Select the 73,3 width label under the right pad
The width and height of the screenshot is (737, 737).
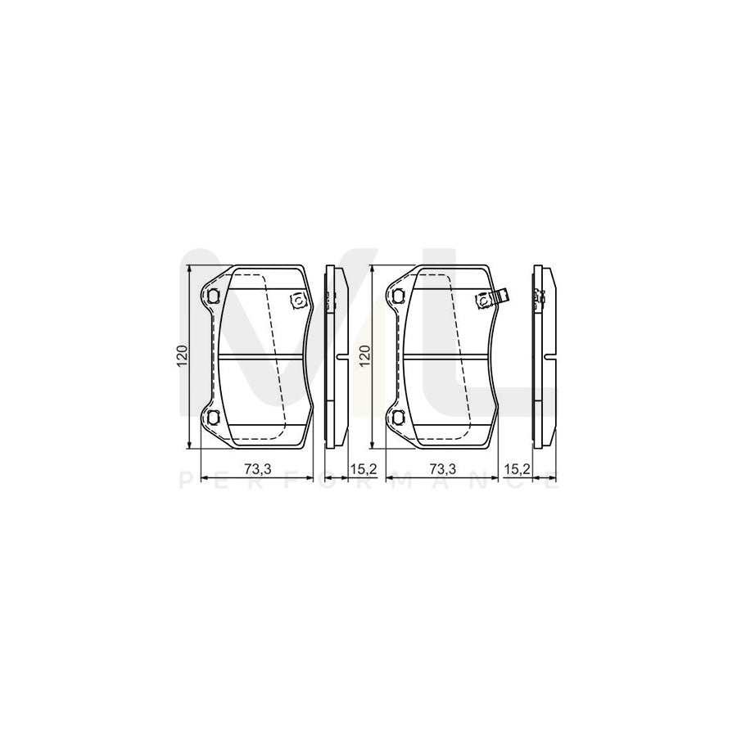point(442,468)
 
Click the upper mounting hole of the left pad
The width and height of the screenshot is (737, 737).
point(214,296)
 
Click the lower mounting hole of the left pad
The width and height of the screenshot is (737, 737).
point(214,418)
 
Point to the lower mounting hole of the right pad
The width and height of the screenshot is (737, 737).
point(399,418)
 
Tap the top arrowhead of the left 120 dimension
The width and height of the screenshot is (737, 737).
point(190,269)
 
